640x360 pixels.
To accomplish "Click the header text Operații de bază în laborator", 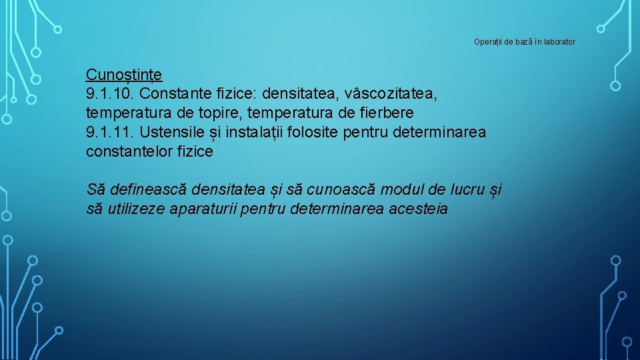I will (x=524, y=42).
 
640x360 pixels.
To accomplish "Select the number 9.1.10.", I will (x=111, y=93).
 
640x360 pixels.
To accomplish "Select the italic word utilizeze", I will (x=136, y=209).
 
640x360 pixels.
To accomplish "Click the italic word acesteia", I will (x=418, y=209).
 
